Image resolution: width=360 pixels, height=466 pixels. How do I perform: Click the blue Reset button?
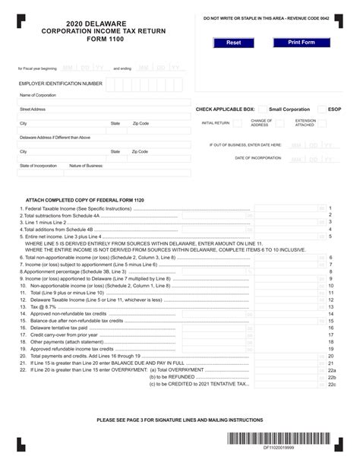234,43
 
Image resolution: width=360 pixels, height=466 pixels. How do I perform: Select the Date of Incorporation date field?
311,158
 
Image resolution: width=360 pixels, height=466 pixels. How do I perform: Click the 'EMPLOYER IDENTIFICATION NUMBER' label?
60,83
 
